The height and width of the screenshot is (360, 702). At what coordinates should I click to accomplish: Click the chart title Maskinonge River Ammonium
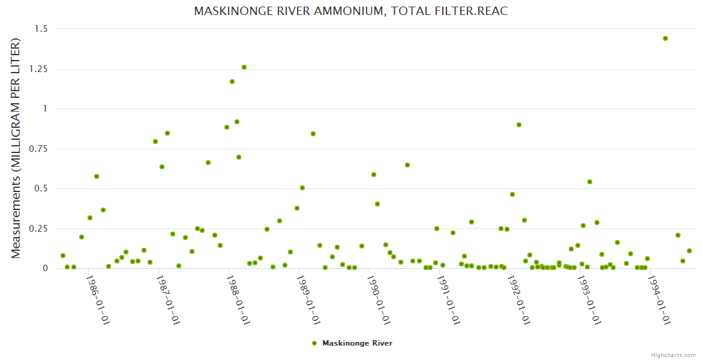click(x=351, y=11)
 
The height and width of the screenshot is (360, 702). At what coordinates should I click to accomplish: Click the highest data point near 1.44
click(x=665, y=38)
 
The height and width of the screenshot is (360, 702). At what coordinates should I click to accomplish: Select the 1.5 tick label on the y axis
click(x=40, y=29)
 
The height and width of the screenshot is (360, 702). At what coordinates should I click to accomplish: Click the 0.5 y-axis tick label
click(x=40, y=188)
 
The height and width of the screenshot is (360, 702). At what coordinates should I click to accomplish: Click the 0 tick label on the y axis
click(x=45, y=268)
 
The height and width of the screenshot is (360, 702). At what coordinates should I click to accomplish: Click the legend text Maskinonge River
click(x=358, y=343)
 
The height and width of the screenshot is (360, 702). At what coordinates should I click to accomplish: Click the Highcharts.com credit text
click(x=673, y=355)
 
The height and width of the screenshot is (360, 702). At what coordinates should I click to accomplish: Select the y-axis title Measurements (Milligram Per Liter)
click(x=16, y=148)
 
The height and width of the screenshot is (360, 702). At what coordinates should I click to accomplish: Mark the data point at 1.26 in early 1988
click(x=244, y=67)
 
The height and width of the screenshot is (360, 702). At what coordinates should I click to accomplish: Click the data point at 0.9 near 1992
click(x=519, y=125)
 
